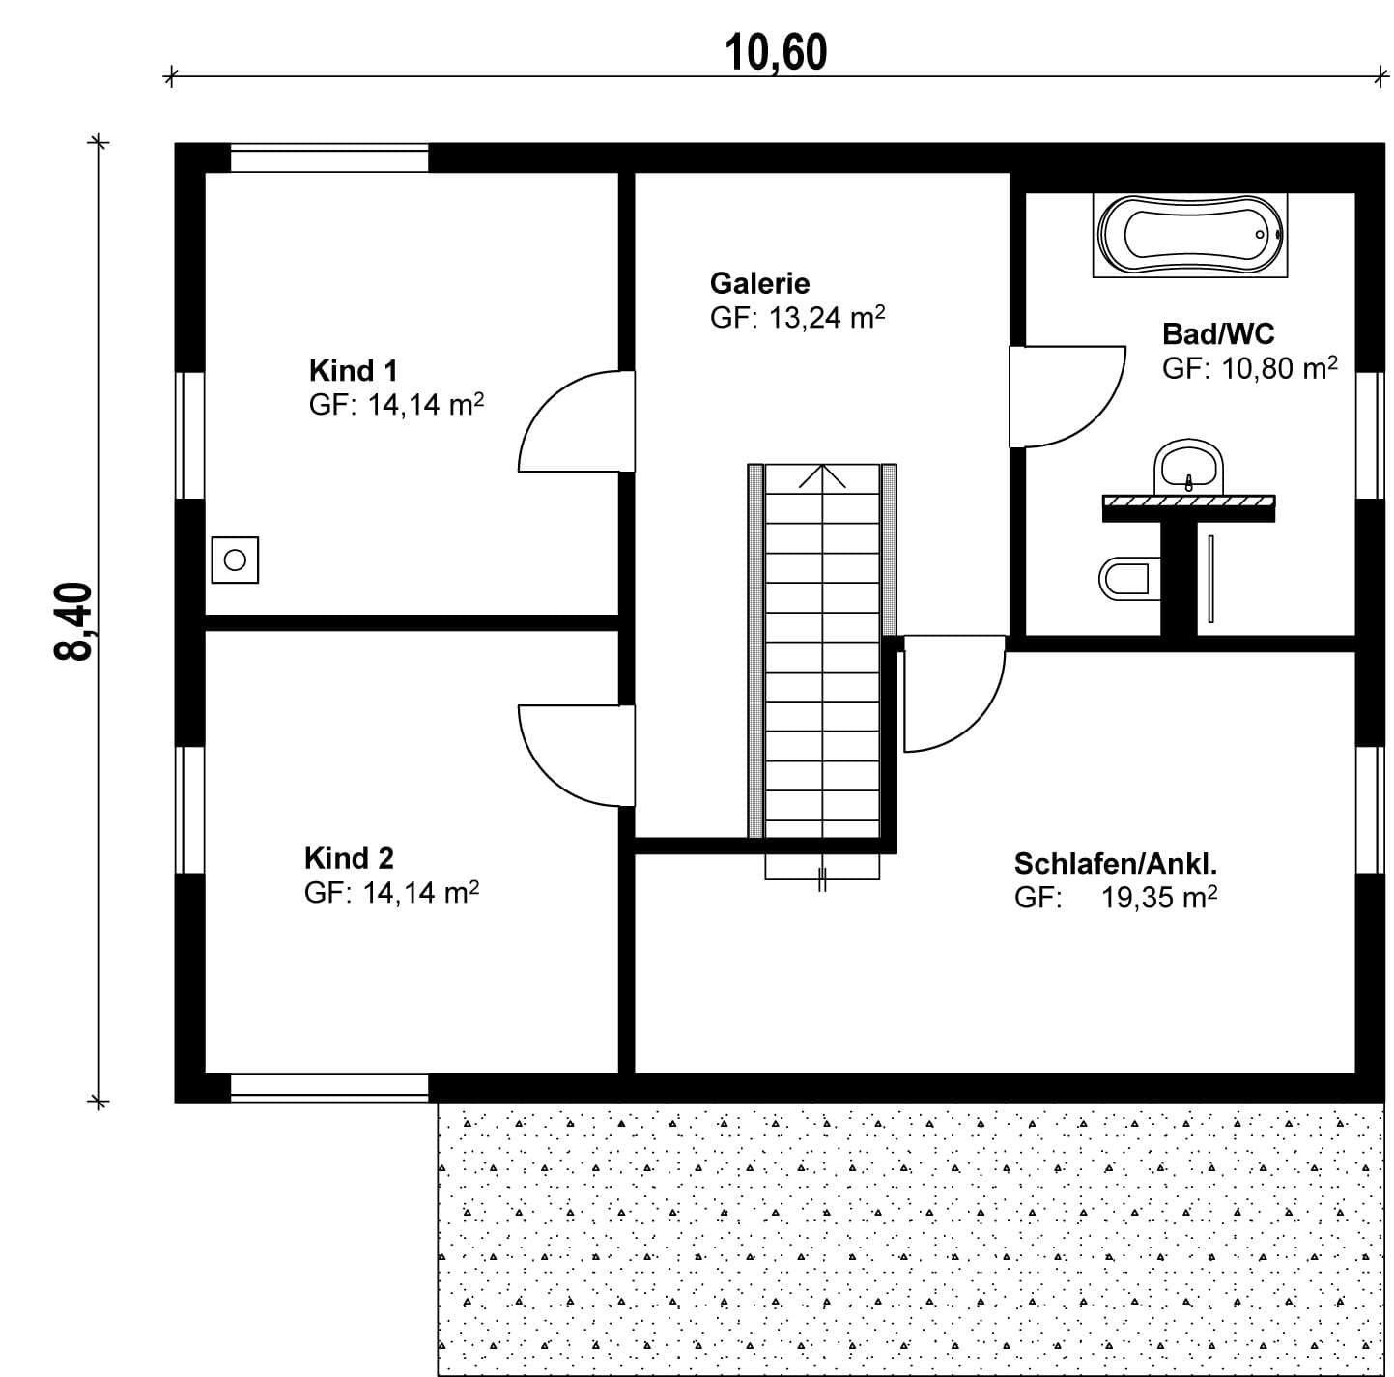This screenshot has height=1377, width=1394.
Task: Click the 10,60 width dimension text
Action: point(776,52)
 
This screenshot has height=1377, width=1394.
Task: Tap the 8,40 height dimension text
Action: point(73,621)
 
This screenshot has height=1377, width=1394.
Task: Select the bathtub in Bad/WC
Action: point(1190,235)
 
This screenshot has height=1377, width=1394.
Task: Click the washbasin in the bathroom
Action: point(1188,468)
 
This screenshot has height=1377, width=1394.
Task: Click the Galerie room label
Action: point(759,283)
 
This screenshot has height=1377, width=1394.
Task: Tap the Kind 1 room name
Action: point(353,371)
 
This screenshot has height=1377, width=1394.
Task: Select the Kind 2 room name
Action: point(349,858)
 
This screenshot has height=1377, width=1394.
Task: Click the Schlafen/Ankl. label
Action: point(1116,864)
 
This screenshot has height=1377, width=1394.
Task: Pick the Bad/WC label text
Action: point(1218,333)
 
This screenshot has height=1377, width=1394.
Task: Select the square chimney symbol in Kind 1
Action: point(235,559)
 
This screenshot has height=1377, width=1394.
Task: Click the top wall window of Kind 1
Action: point(329,158)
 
